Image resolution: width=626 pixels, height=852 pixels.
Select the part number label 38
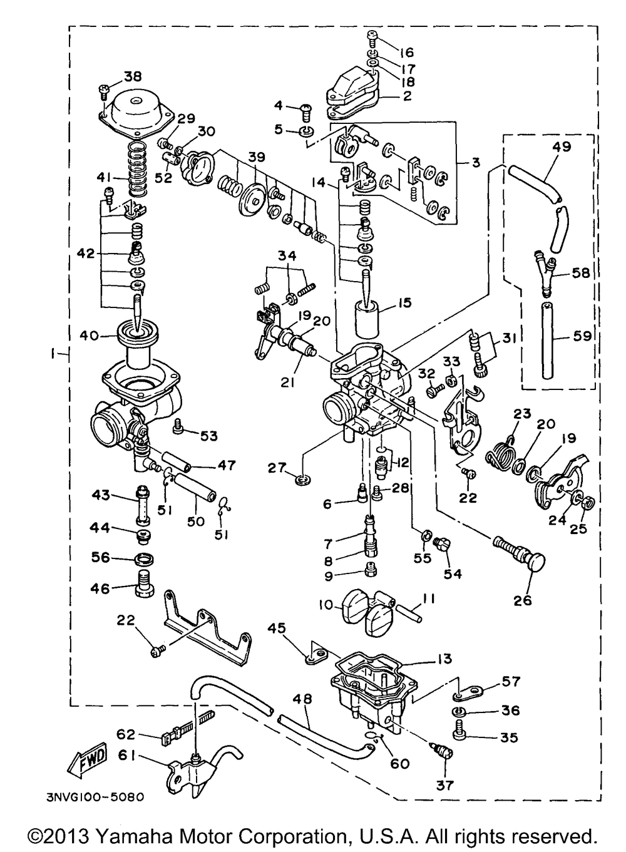[132, 76]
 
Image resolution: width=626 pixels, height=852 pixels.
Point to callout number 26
[523, 600]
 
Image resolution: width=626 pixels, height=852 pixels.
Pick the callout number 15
[404, 303]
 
